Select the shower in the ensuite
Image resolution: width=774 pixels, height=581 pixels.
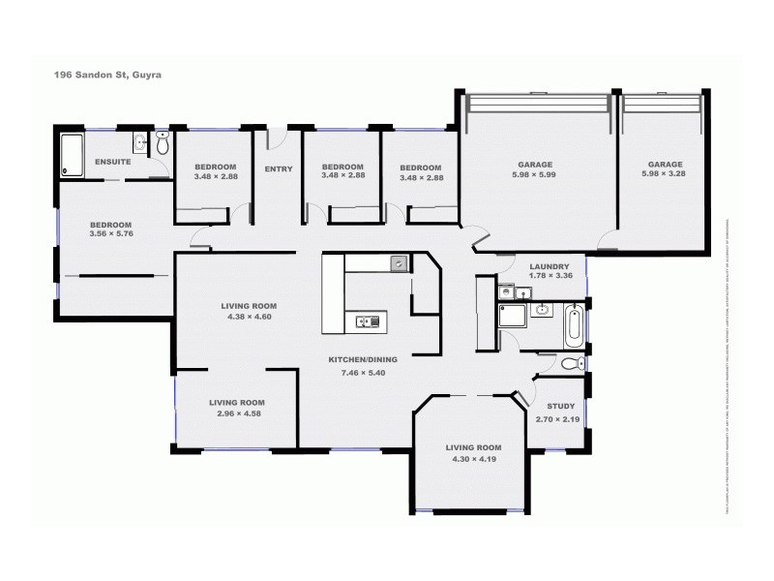(x=73, y=156)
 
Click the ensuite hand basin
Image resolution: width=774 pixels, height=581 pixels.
(x=141, y=143)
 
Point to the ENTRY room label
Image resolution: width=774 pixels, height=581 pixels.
(x=278, y=169)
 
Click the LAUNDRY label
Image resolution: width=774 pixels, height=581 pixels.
(x=549, y=266)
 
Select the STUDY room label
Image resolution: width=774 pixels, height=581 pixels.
(x=560, y=407)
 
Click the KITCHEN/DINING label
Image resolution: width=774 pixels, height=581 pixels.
(x=363, y=358)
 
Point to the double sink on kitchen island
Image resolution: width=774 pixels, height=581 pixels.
(x=366, y=321)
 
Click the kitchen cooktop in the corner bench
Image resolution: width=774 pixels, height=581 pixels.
(x=399, y=263)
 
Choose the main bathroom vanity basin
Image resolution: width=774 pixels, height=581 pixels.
(x=542, y=311)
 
